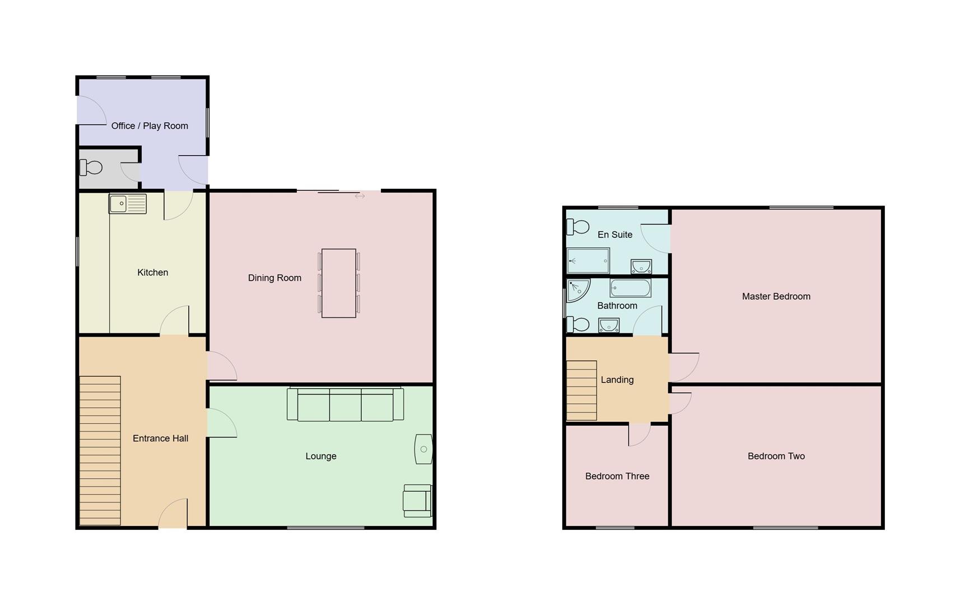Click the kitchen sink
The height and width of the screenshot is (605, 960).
(127, 204)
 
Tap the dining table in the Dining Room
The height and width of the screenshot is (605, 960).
(338, 283)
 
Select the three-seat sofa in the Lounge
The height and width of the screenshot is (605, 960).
(345, 404)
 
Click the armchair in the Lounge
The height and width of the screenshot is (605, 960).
(417, 500)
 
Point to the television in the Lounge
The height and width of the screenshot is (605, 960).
(423, 449)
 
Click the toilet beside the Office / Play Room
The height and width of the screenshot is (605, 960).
(91, 167)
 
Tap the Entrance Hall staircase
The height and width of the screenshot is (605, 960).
(100, 450)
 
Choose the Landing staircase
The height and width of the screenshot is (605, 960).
(581, 390)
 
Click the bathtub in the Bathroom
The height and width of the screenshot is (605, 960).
(630, 288)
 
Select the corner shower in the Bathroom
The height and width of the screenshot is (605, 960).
(576, 290)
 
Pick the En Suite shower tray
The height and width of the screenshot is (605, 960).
(588, 260)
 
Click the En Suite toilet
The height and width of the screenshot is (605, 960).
(578, 227)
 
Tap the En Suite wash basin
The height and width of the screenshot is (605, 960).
(641, 266)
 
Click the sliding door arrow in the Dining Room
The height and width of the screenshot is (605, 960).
(360, 196)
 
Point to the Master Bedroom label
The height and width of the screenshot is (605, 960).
(776, 296)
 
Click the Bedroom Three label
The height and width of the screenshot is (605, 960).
(617, 476)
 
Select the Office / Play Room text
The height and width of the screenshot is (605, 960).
(150, 126)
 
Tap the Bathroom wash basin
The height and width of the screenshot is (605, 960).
(608, 325)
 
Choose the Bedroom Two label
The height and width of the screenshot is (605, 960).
(776, 456)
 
